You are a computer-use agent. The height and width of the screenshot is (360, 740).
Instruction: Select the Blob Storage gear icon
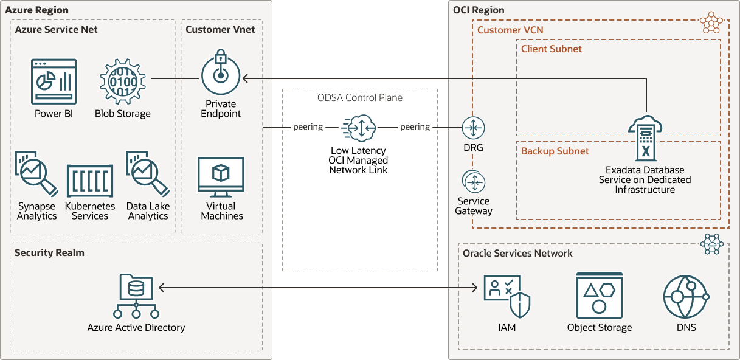[123, 79]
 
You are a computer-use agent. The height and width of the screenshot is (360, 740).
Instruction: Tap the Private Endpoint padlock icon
[220, 72]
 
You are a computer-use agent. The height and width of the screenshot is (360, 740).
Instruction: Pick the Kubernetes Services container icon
[90, 181]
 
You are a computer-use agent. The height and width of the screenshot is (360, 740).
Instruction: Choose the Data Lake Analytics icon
[147, 174]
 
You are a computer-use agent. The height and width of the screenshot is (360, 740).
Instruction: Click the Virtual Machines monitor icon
[221, 177]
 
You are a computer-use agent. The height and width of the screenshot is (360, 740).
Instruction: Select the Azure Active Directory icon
[136, 296]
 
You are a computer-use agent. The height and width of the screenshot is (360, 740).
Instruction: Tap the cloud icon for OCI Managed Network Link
[359, 128]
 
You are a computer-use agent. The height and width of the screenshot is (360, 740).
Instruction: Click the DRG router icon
[473, 128]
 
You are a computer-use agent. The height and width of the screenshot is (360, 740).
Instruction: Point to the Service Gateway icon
[473, 182]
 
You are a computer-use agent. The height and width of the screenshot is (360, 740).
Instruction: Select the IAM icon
[507, 296]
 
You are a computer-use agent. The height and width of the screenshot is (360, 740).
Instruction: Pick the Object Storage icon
[599, 296]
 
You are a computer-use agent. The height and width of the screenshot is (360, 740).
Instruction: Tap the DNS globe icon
[686, 297]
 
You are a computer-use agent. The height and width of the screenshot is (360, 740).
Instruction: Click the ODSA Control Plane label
[359, 97]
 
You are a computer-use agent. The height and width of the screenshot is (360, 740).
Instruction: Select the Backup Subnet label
[555, 151]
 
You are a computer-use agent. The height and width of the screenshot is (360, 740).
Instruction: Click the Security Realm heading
[49, 252]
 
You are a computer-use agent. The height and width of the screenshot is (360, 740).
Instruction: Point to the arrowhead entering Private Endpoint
[246, 78]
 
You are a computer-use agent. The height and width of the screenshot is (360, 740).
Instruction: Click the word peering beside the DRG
[415, 127]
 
